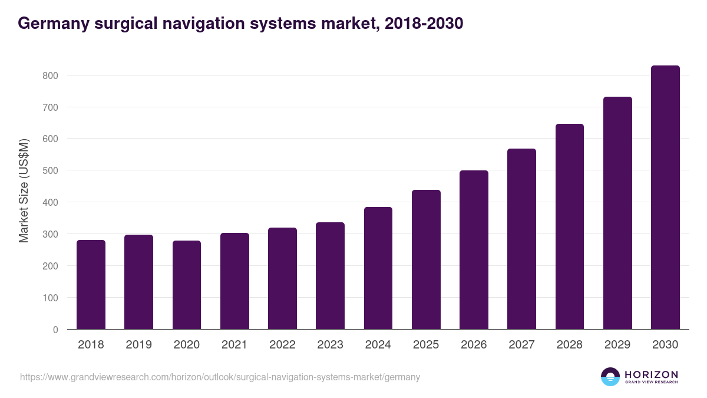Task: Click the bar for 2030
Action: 665,198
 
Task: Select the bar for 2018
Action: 91,285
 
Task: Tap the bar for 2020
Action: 187,285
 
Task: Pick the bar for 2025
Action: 426,259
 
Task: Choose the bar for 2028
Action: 570,226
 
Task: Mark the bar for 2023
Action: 330,276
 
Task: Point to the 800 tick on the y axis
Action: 50,75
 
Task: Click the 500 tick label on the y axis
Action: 50,170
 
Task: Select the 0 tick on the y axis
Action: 55,330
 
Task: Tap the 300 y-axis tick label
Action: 50,234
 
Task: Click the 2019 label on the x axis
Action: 138,345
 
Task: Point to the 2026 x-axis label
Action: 474,345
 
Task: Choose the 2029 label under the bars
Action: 617,345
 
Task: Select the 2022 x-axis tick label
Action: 282,345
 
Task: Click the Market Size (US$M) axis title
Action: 24,191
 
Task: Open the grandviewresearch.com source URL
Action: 220,377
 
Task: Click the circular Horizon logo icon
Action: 610,377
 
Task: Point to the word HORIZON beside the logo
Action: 651,374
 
